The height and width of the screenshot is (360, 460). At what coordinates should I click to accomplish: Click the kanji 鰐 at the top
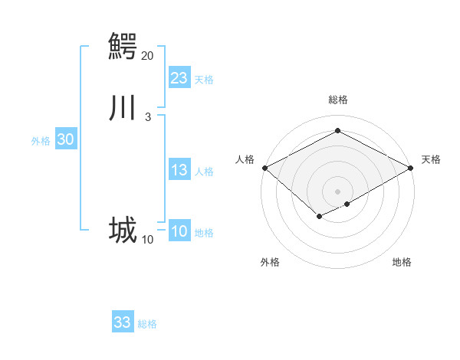tap(123, 46)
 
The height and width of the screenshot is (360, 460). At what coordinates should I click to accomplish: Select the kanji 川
tap(123, 108)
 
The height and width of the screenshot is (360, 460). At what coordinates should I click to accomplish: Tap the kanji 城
tap(123, 231)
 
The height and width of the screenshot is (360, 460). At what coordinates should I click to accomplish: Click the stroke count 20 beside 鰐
tap(147, 55)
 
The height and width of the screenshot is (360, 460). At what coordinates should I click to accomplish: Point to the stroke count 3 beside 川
tap(147, 116)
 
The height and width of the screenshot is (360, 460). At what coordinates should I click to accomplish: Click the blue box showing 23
tap(179, 78)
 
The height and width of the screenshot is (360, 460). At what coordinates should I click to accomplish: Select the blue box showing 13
tap(179, 170)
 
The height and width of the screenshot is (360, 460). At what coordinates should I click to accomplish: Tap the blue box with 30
tap(66, 139)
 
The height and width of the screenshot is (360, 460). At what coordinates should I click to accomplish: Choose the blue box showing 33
tap(123, 322)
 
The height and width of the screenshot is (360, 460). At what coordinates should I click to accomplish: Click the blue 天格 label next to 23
tap(204, 80)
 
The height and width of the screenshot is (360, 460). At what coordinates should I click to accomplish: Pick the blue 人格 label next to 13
tap(204, 172)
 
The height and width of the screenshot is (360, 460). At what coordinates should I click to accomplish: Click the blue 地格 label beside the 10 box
tap(204, 233)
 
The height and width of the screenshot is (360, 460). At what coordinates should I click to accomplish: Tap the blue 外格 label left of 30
tap(41, 141)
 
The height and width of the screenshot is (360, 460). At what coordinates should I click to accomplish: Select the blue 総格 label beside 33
tap(147, 324)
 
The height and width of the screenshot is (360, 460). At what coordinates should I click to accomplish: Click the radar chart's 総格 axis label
tap(337, 100)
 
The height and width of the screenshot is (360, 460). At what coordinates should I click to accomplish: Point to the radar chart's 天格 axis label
tap(431, 159)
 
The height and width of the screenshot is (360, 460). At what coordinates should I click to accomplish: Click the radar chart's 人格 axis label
tap(245, 159)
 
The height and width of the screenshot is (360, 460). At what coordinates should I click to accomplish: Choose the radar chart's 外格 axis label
tap(270, 262)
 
